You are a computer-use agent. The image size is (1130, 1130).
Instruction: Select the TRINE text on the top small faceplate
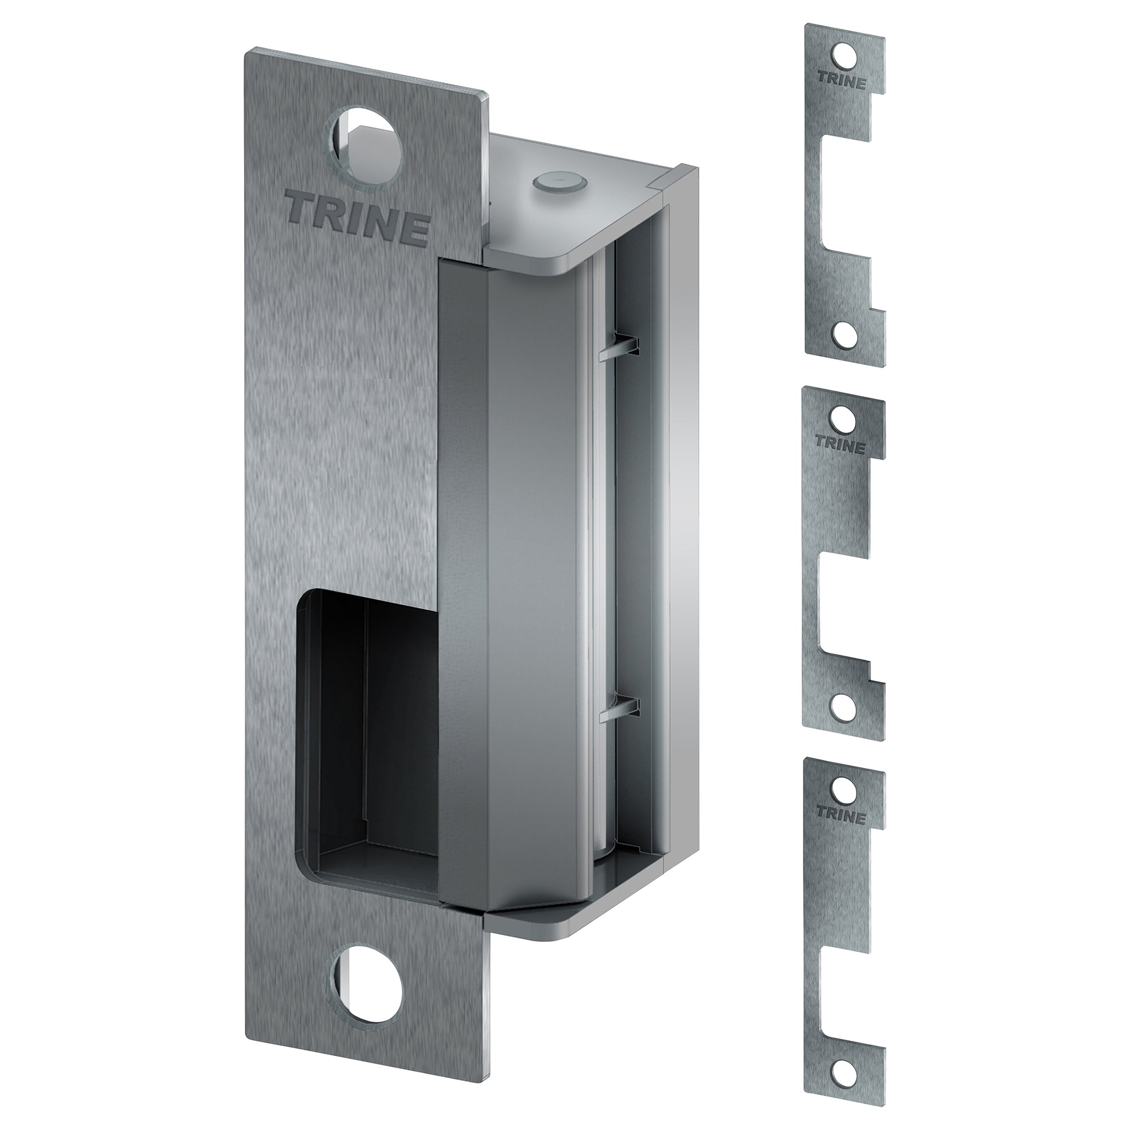point(841,81)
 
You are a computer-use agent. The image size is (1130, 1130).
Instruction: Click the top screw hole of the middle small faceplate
point(843,417)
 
